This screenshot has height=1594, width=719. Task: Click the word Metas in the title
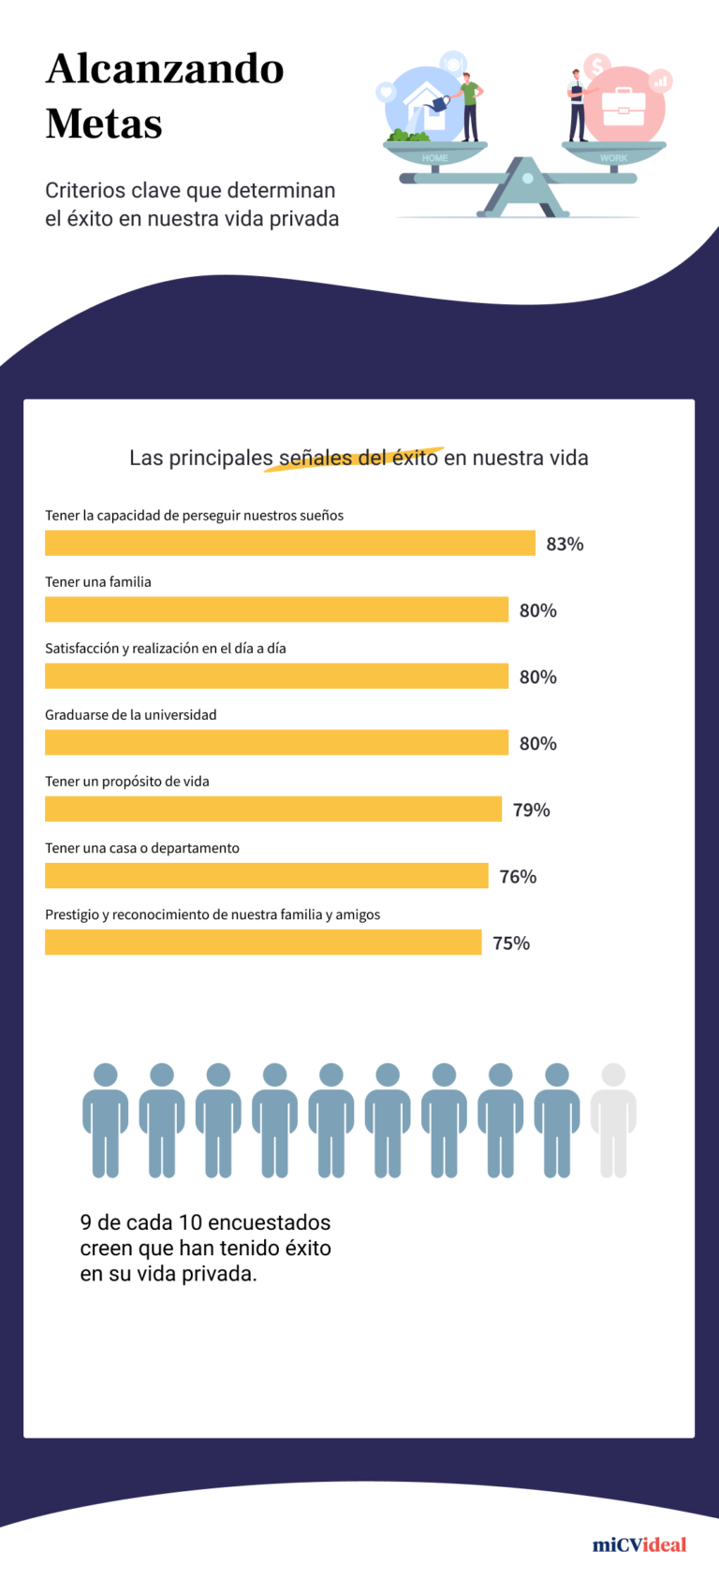104,124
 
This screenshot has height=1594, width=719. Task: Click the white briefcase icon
623,108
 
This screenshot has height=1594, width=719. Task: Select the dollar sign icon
596,67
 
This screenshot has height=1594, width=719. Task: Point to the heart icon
386,92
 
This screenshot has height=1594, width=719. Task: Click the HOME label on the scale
435,158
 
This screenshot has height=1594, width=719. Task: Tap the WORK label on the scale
614,158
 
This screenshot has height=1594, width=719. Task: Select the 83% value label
565,544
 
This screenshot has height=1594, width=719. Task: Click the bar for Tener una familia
276,609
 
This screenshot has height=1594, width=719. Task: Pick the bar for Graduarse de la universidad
276,742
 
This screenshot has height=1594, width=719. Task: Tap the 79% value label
531,810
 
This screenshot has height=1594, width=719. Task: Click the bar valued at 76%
267,876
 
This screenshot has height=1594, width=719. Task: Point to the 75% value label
511,943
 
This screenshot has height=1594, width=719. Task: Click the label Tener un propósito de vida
127,782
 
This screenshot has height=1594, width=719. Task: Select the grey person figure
613,1119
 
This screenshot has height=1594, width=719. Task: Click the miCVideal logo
639,1544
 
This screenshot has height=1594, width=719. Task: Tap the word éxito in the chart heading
415,458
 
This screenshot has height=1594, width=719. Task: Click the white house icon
426,107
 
